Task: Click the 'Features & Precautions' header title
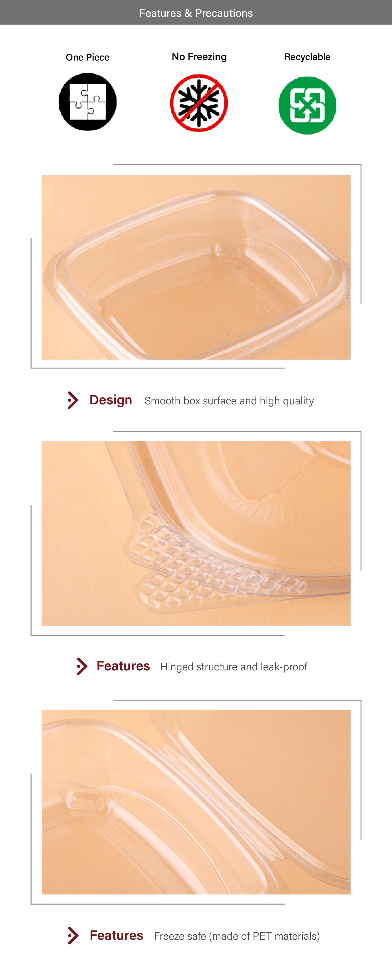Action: [196, 13]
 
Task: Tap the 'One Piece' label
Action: [87, 57]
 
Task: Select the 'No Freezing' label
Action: [199, 57]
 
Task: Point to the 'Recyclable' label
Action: [307, 57]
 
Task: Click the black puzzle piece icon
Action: [87, 102]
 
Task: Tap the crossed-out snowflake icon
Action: [199, 103]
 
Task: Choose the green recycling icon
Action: [307, 105]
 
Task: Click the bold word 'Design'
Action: [111, 400]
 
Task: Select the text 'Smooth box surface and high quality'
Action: [229, 401]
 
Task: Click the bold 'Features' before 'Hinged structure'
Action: [123, 666]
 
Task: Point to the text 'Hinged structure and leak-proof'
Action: [234, 667]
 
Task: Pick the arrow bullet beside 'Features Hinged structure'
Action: [82, 666]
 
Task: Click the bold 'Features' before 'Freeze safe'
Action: [117, 935]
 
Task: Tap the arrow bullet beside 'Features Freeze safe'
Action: [73, 936]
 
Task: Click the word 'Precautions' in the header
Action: [224, 13]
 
